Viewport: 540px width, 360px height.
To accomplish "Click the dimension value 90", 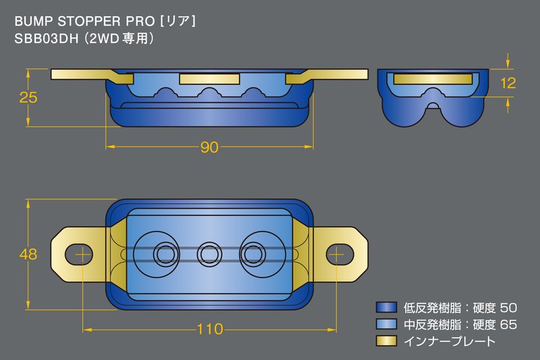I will coord(210,148).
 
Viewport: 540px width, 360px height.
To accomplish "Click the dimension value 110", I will coord(210,330).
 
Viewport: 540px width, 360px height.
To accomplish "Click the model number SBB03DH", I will coord(43,39).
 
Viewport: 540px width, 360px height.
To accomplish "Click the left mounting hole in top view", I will coord(80,254).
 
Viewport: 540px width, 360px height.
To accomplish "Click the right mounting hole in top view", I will coord(340,254).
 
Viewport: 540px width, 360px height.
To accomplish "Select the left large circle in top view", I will coord(163,254).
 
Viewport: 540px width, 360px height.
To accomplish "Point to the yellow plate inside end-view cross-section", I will coord(431,79).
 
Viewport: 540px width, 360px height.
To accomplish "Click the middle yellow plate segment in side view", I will coord(209,80).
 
